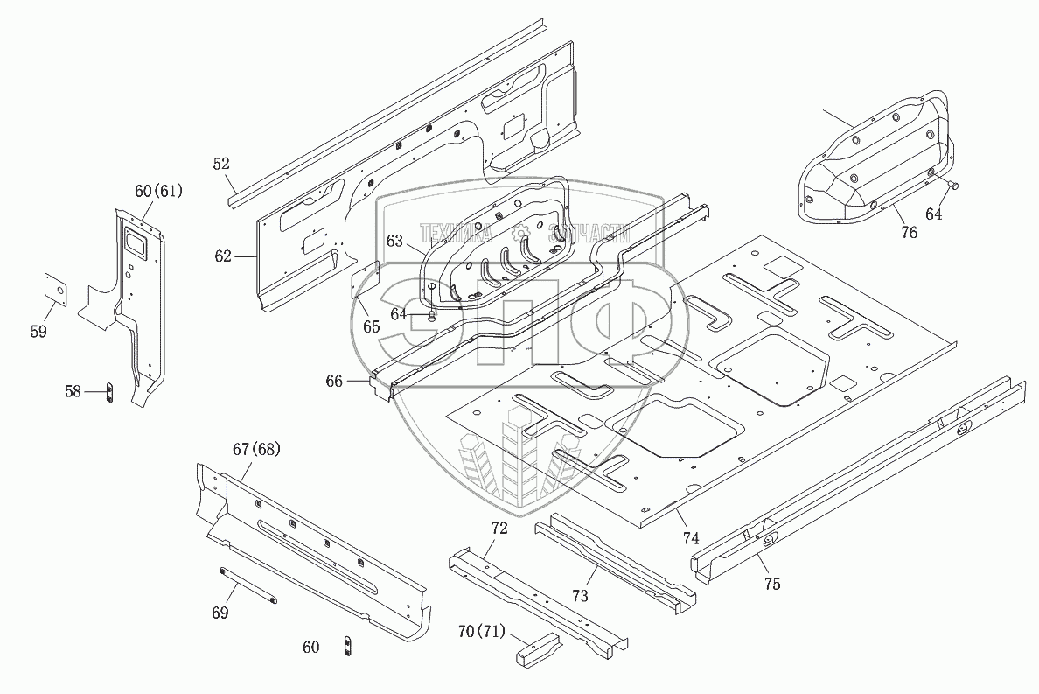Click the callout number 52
click(x=221, y=164)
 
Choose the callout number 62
click(x=223, y=256)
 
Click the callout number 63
click(x=394, y=240)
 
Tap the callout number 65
click(x=371, y=326)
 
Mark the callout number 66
click(x=334, y=381)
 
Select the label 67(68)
click(x=257, y=450)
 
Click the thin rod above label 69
click(x=249, y=585)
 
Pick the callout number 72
click(x=499, y=529)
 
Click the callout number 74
click(x=691, y=538)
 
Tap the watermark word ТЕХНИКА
click(x=454, y=232)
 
